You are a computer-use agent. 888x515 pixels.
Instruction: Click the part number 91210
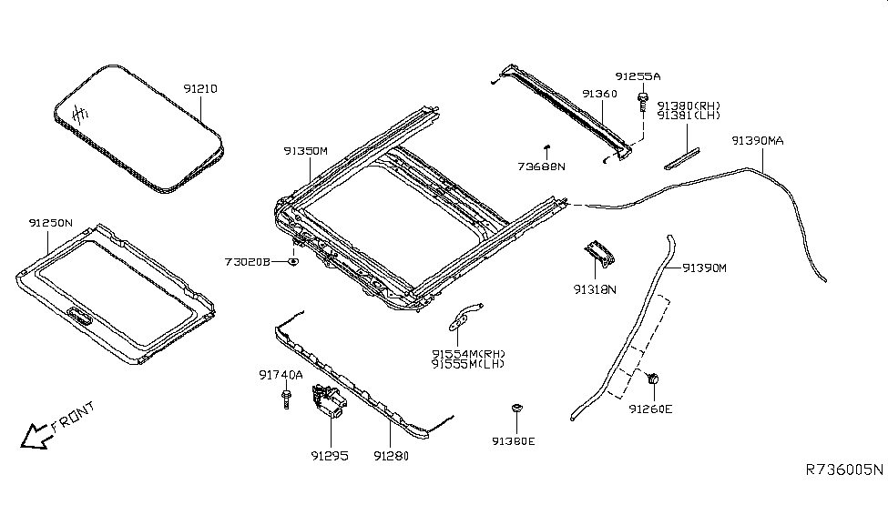click(201, 89)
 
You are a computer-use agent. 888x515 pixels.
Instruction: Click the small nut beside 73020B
click(293, 262)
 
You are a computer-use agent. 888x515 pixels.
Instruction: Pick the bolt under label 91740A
click(288, 399)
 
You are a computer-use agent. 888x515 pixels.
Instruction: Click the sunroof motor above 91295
click(329, 401)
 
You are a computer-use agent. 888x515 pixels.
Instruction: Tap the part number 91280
click(392, 456)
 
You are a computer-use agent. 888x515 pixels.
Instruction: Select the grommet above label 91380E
click(515, 409)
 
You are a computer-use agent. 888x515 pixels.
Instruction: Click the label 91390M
click(705, 268)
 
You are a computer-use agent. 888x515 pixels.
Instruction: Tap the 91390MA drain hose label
click(757, 141)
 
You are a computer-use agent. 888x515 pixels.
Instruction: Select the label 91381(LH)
click(689, 116)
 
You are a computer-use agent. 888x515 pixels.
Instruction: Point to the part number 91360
click(600, 94)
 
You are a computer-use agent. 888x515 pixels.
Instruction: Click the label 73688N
click(542, 167)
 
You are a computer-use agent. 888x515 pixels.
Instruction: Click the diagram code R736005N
click(842, 470)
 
